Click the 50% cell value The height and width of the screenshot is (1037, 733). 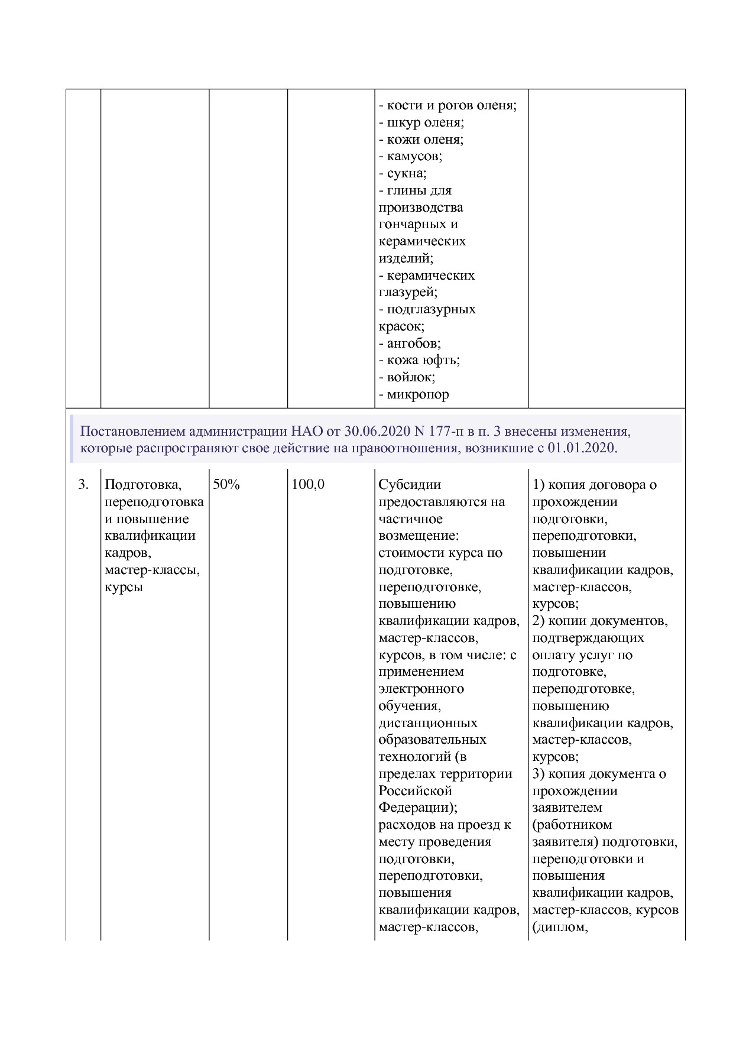(226, 485)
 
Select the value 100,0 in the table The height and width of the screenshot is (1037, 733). (308, 485)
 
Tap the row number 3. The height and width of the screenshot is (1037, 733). (83, 485)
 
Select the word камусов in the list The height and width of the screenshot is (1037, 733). (413, 157)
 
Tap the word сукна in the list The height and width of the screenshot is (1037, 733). (406, 174)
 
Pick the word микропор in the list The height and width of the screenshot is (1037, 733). (417, 394)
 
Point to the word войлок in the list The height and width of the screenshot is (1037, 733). (410, 377)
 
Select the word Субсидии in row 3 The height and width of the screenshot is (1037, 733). (410, 485)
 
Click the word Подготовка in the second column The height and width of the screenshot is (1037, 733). (142, 485)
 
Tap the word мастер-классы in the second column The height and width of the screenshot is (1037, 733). (152, 571)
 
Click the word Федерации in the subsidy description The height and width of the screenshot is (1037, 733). (416, 808)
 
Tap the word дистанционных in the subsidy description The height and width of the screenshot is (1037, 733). (428, 723)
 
